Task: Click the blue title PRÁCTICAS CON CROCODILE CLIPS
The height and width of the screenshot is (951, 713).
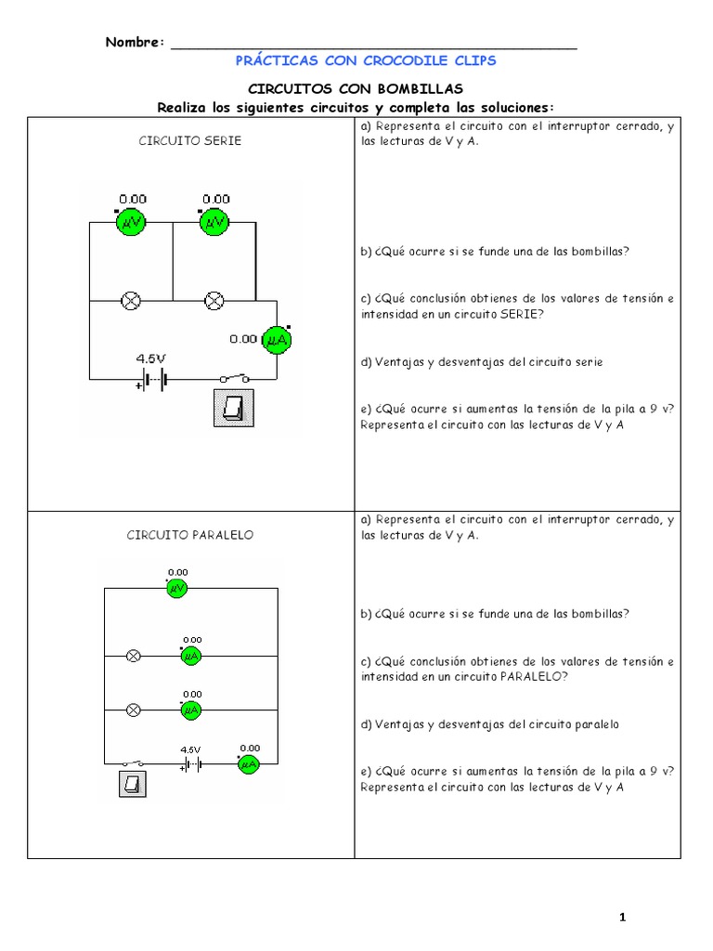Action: (367, 60)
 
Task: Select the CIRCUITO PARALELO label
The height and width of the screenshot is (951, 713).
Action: (190, 535)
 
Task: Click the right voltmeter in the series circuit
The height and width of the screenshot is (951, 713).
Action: (214, 222)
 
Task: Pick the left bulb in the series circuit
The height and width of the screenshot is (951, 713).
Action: (132, 300)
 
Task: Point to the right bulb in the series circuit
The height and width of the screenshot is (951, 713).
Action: (214, 300)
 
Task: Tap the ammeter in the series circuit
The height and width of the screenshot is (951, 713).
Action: (276, 340)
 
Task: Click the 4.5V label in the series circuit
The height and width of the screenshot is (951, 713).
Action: (150, 358)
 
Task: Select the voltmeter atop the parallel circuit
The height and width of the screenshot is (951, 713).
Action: (177, 589)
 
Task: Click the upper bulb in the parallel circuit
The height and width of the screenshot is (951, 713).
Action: (133, 656)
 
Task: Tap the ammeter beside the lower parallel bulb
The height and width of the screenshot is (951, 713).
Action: (191, 710)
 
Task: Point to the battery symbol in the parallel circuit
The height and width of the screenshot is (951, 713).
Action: (190, 764)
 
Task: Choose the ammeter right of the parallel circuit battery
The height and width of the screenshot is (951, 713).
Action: (249, 764)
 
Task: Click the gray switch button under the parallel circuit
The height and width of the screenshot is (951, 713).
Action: (132, 786)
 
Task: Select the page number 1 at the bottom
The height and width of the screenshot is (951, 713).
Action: (623, 918)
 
